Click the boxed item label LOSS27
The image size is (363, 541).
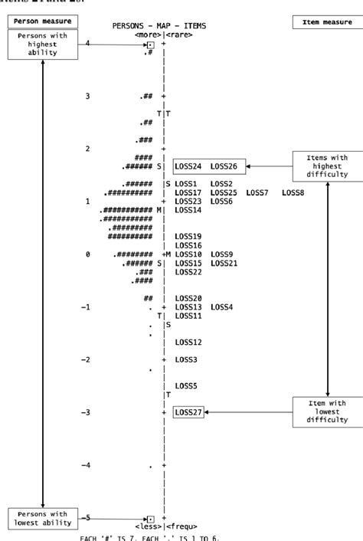(x=188, y=412)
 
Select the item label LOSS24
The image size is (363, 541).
(x=188, y=166)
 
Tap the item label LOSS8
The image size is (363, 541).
(x=293, y=192)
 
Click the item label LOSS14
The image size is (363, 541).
(x=188, y=210)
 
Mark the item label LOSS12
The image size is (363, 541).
(x=188, y=342)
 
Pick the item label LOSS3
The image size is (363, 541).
(x=186, y=359)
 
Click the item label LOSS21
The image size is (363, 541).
(x=225, y=263)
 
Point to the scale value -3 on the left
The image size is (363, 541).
(x=87, y=412)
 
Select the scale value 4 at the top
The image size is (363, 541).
(x=88, y=44)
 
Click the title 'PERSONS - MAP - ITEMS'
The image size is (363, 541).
(x=159, y=25)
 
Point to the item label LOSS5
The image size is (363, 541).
(x=186, y=385)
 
